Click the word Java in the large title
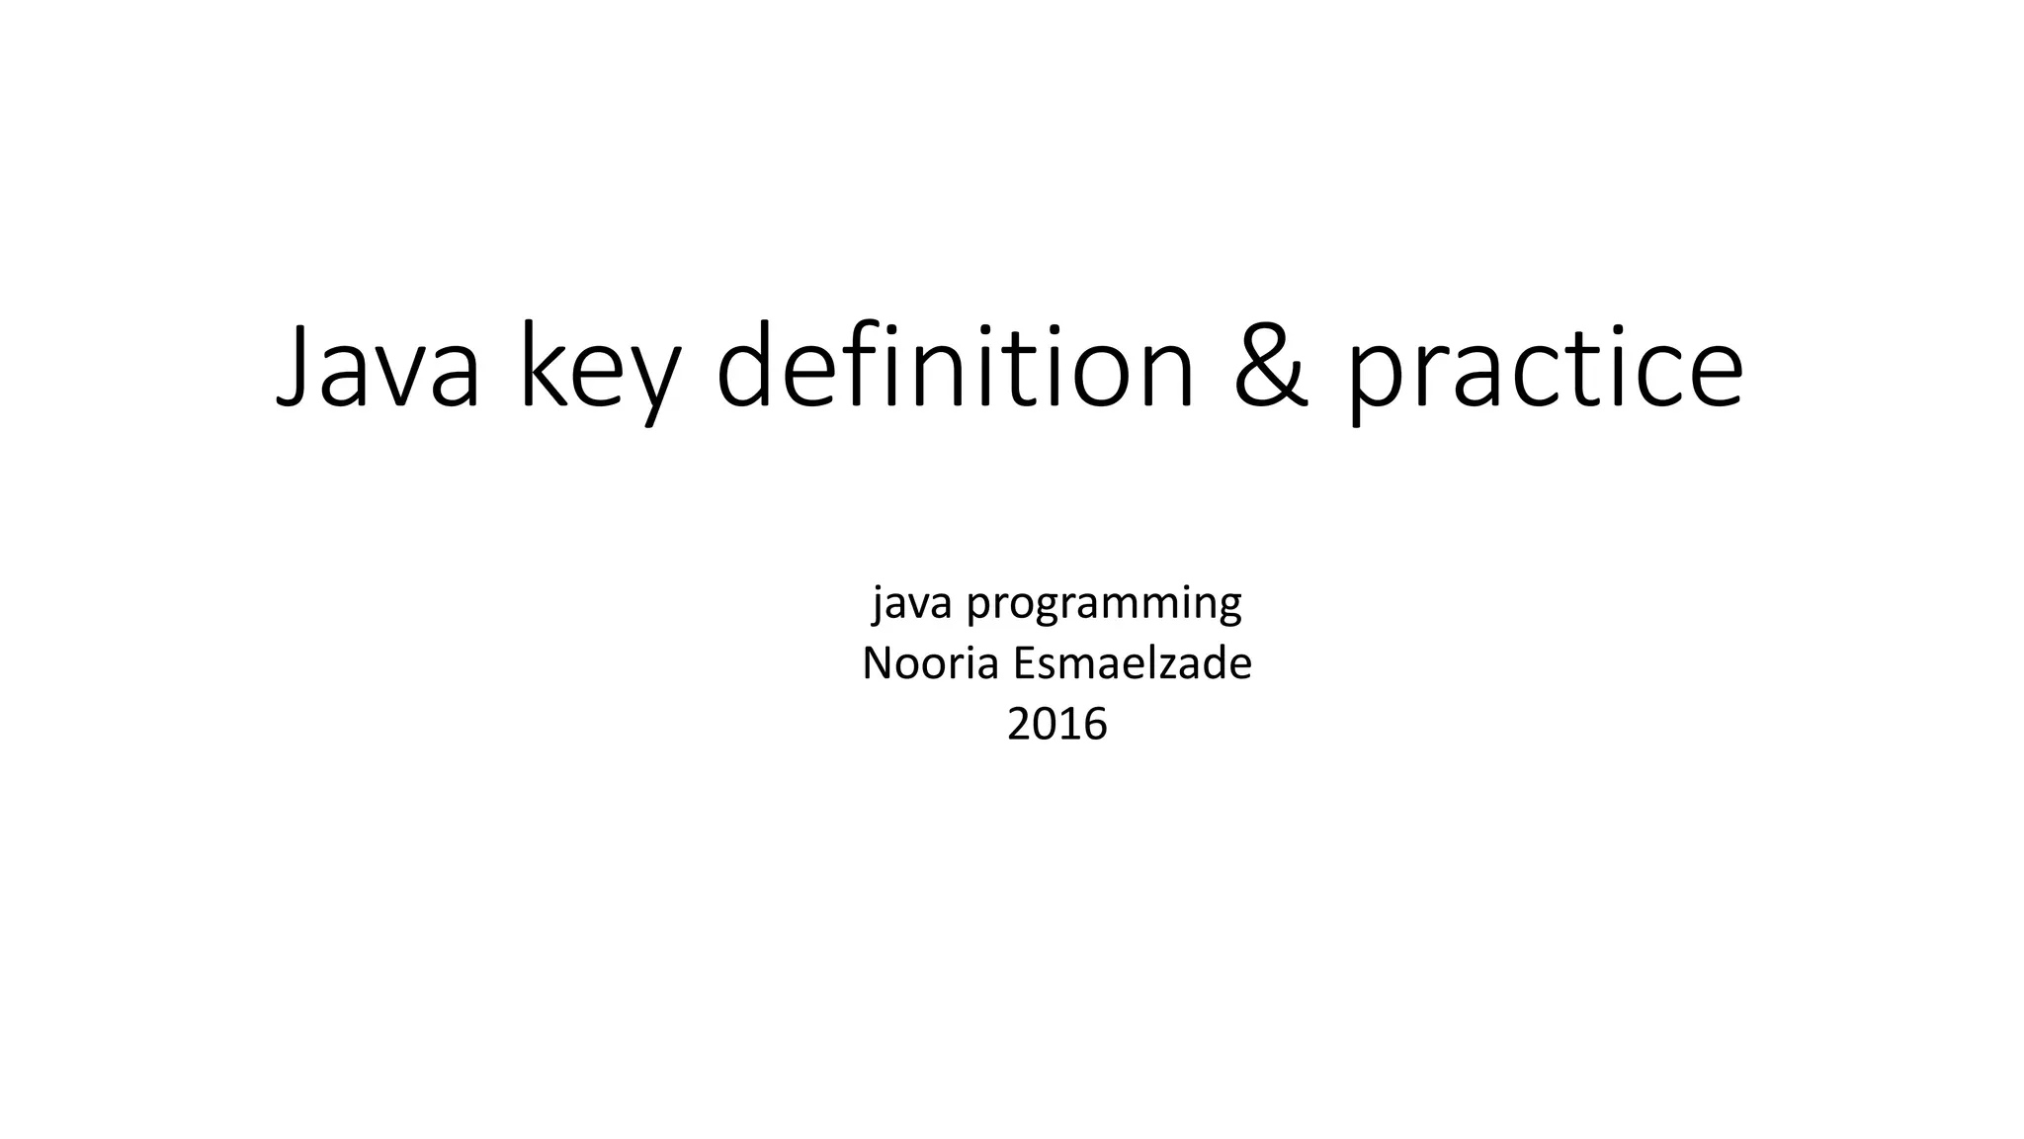[x=378, y=366]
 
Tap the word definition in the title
[x=955, y=366]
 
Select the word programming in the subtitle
[x=1104, y=603]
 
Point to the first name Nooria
[x=930, y=663]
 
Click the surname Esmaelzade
[x=1133, y=663]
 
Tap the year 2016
[x=1056, y=725]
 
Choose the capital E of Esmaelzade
[x=1024, y=663]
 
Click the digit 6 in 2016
[x=1095, y=725]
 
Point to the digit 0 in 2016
[x=1045, y=725]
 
